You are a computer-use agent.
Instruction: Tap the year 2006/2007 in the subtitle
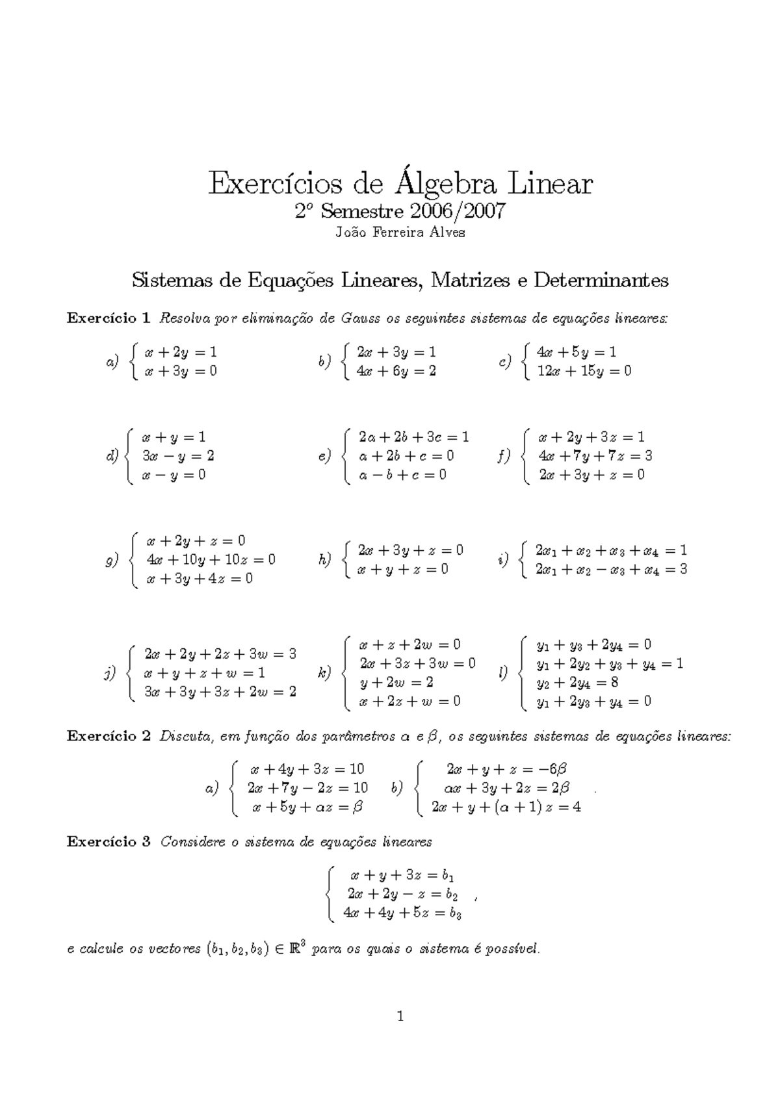pos(456,212)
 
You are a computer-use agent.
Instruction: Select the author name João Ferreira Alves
pos(400,233)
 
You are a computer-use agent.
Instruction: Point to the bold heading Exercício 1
pos(109,318)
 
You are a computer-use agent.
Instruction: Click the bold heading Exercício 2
pos(109,736)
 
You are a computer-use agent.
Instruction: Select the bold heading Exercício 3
pos(109,841)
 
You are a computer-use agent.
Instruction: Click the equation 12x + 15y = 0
pos(584,371)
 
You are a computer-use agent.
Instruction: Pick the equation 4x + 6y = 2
pos(396,371)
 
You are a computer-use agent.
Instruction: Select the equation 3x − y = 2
pos(178,456)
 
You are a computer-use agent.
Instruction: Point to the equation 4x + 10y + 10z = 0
pos(211,559)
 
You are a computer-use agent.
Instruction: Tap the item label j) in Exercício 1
pos(110,673)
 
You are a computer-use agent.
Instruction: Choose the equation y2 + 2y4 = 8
pos(577,683)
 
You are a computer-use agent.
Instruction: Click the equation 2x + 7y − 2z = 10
pos(307,788)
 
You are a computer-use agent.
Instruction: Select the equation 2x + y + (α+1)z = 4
pos(506,807)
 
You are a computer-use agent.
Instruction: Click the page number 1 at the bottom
pos(400,1016)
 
